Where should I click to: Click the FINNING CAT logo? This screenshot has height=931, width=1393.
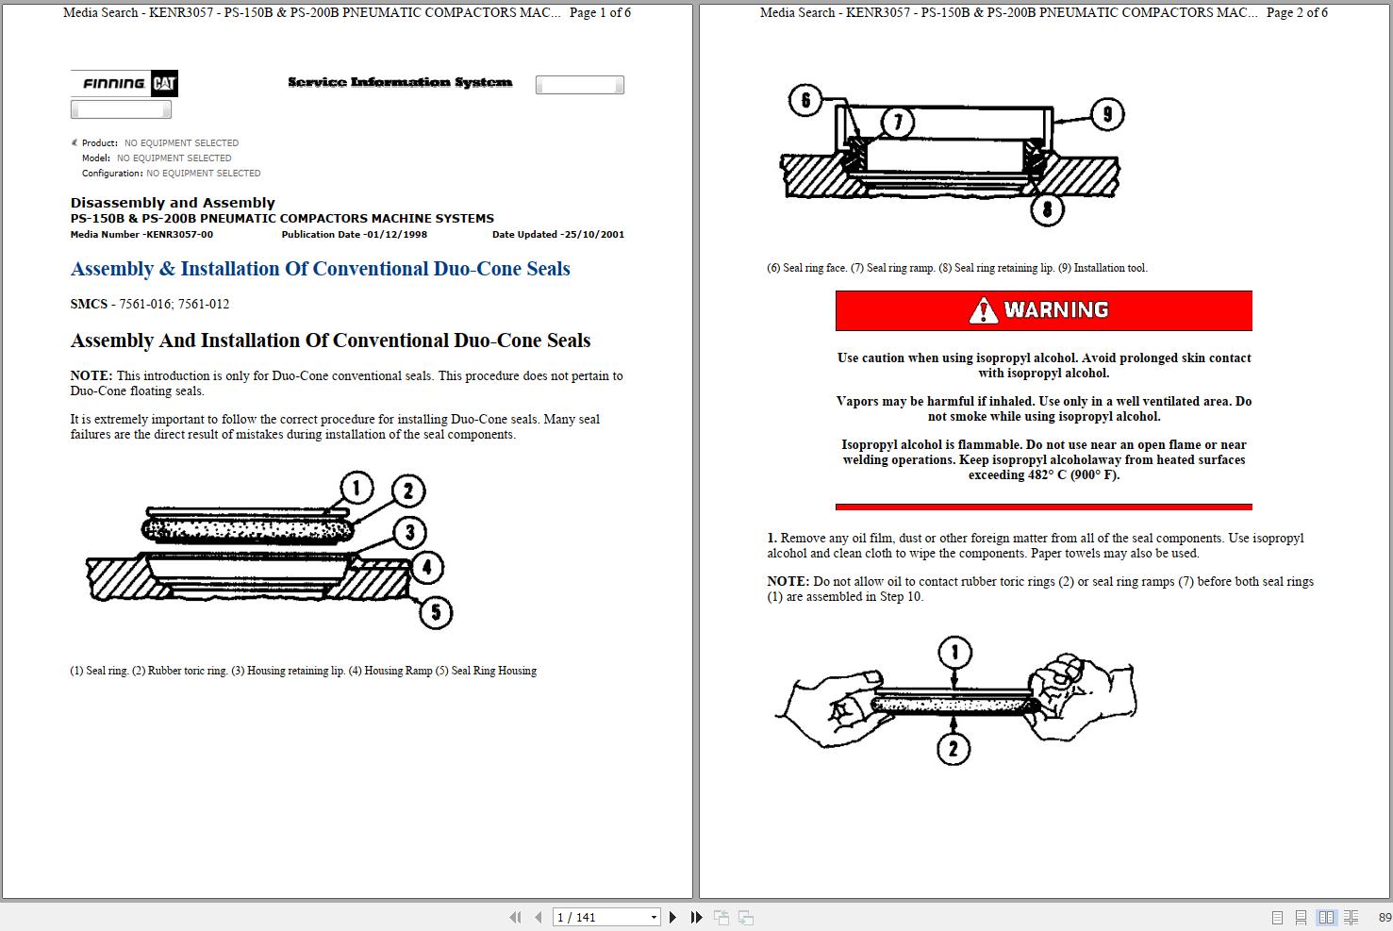(x=124, y=84)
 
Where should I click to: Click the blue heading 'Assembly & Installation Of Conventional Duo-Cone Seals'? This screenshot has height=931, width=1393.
(x=320, y=269)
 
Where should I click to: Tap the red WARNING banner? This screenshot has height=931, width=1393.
(x=1043, y=310)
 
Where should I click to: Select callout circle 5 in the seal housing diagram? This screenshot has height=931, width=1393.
(x=435, y=612)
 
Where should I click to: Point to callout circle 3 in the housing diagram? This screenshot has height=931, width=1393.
(x=409, y=532)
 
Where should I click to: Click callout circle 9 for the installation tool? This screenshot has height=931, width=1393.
(x=1107, y=115)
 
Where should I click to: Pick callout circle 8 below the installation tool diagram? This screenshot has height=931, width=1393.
(x=1047, y=208)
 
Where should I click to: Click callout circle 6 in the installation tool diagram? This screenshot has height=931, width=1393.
(x=805, y=100)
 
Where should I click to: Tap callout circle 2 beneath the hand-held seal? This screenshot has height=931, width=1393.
(x=954, y=749)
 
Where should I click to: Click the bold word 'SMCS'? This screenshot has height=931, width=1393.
(x=89, y=304)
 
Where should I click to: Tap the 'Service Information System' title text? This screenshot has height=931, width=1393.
(x=400, y=83)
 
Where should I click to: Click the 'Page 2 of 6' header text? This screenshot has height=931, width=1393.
(x=1297, y=12)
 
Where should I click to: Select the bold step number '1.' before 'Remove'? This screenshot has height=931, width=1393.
(x=771, y=538)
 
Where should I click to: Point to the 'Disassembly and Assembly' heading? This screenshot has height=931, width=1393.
(x=173, y=203)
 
